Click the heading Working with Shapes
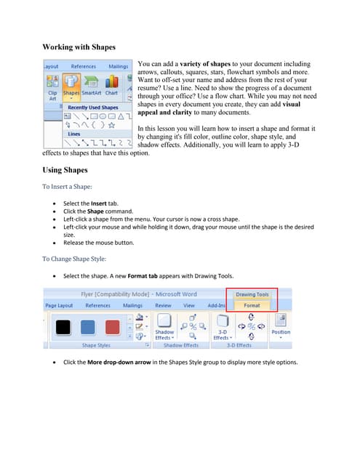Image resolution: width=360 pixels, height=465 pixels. pyautogui.click(x=79, y=47)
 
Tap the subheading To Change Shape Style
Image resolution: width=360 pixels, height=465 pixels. pyautogui.click(x=74, y=259)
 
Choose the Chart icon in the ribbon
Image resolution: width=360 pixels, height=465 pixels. pyautogui.click(x=111, y=84)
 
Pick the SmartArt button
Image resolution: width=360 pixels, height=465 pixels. pyautogui.click(x=92, y=84)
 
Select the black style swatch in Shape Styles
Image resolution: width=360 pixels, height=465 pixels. pyautogui.click(x=63, y=326)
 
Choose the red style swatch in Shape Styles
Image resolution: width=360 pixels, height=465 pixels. pyautogui.click(x=112, y=326)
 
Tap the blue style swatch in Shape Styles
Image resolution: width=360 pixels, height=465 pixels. pyautogui.click(x=88, y=326)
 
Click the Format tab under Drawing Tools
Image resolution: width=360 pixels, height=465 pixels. pyautogui.click(x=252, y=306)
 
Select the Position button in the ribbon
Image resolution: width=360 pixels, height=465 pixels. pyautogui.click(x=281, y=325)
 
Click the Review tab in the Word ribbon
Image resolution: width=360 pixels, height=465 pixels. pyautogui.click(x=163, y=306)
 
